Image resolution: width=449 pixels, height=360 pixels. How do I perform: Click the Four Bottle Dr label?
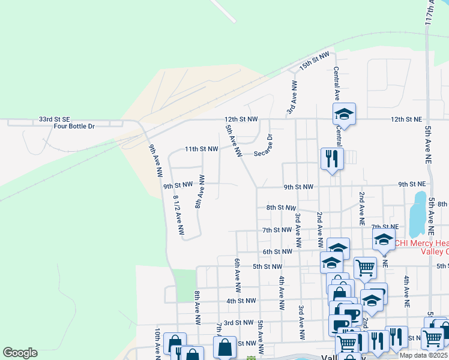(74, 126)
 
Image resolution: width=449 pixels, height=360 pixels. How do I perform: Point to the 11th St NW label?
(200, 149)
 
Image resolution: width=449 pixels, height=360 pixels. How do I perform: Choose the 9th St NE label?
(411, 184)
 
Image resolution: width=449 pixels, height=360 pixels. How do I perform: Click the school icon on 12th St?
(345, 113)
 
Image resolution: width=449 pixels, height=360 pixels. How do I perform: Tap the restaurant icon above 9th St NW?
(331, 159)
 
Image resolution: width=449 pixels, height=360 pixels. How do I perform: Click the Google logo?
(20, 353)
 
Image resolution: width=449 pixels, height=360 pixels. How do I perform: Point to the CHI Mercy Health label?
(422, 243)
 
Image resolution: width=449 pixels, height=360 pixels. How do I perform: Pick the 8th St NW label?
(281, 208)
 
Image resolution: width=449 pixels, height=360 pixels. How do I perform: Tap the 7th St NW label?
(277, 230)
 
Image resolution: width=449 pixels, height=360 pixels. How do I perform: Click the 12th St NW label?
(241, 119)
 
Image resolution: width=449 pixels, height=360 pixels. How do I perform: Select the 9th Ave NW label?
(156, 161)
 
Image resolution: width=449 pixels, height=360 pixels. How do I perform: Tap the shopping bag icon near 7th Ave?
(224, 347)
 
